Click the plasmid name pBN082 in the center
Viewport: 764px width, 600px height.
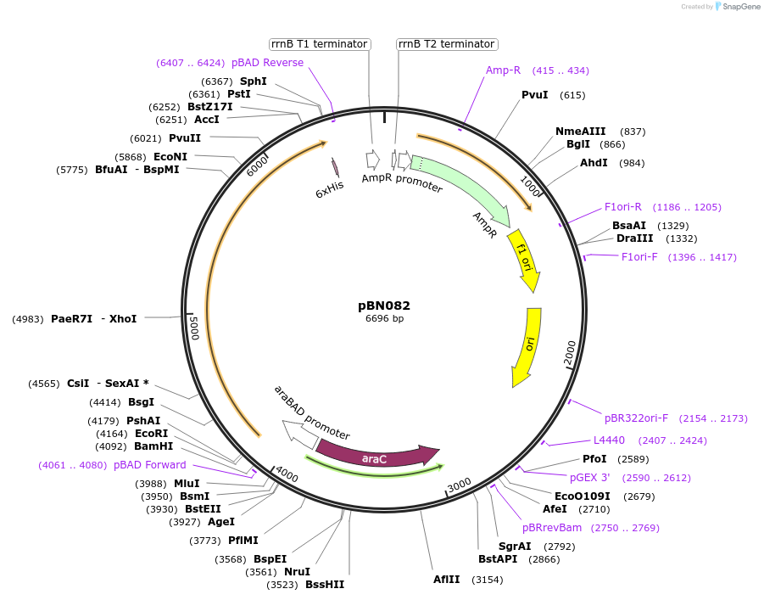[384, 306]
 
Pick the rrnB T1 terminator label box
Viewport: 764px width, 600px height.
[320, 44]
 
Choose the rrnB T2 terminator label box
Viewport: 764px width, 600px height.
[447, 44]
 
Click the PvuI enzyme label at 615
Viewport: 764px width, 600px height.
[535, 95]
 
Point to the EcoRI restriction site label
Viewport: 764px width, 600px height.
[152, 434]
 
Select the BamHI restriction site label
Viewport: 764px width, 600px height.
[153, 446]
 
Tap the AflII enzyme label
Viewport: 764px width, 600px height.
[446, 580]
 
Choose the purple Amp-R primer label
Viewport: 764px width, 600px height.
[503, 70]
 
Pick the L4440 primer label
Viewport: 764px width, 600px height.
[609, 440]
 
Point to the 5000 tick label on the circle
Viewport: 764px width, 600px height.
[194, 327]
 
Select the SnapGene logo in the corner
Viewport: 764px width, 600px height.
[734, 7]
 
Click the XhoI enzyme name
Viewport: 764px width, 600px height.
[124, 319]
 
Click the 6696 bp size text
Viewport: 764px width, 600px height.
[384, 319]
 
